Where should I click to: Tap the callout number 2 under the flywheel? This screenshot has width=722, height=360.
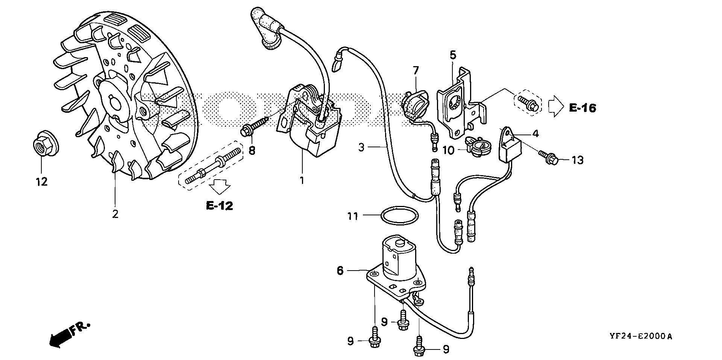(x=115, y=214)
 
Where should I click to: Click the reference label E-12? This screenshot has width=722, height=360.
(x=219, y=206)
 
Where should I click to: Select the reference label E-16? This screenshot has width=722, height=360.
(x=582, y=108)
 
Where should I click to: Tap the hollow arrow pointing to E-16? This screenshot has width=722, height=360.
(x=556, y=107)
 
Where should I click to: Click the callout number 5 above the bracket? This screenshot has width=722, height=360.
(x=453, y=55)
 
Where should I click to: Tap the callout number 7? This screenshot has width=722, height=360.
(x=416, y=70)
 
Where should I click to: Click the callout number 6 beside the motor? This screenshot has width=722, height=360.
(x=340, y=270)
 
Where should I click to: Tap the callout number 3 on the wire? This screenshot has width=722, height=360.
(x=361, y=147)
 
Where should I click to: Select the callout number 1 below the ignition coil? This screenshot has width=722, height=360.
(x=302, y=180)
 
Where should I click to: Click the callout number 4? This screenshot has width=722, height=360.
(x=535, y=133)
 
